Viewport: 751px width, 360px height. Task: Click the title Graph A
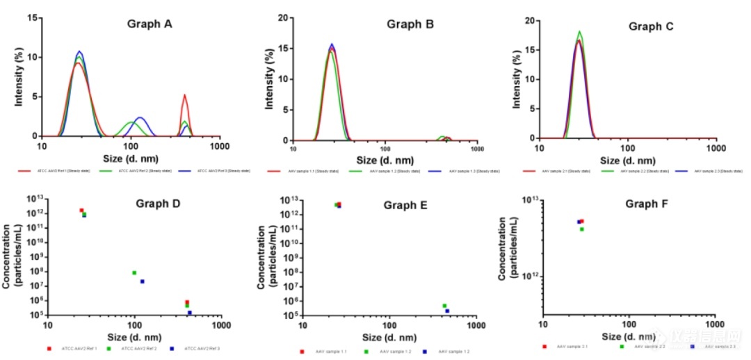[149, 24]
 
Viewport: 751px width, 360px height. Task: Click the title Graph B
[410, 24]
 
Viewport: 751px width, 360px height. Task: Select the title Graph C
[652, 26]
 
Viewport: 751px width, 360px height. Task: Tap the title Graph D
[157, 204]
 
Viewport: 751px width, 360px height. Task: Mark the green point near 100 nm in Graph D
[134, 272]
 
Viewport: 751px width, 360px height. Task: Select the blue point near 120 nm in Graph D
[143, 281]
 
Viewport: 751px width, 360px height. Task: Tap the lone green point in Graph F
[582, 229]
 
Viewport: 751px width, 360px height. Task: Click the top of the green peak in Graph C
[579, 31]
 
